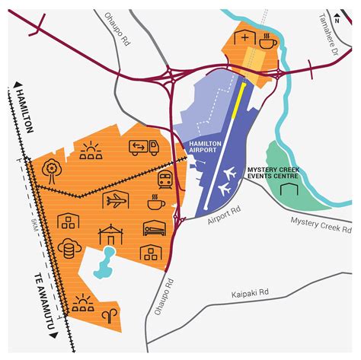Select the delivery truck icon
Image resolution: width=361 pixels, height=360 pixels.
143,148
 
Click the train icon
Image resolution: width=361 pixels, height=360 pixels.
164,180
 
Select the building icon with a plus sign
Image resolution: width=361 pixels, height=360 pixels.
244,40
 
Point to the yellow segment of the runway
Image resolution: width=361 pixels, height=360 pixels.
241,97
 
